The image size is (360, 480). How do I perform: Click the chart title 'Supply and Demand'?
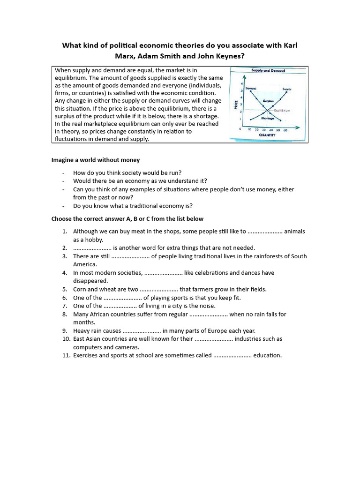(x=268, y=71)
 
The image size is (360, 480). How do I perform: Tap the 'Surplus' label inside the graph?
(x=268, y=100)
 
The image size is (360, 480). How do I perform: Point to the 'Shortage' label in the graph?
(x=268, y=119)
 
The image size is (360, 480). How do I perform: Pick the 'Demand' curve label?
(x=251, y=88)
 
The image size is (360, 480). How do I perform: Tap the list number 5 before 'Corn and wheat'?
(x=65, y=289)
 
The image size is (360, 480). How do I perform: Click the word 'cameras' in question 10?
(x=127, y=347)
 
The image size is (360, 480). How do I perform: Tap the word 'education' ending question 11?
(x=267, y=355)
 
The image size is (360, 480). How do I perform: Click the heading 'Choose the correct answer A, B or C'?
(x=127, y=219)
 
